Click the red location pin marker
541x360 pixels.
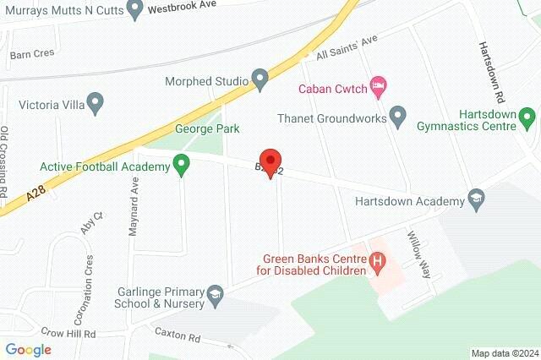[270, 162]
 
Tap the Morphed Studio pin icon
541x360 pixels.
[260, 81]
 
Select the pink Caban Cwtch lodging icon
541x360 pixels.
[379, 85]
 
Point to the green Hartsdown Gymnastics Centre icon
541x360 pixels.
[527, 115]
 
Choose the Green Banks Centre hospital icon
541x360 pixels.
[378, 265]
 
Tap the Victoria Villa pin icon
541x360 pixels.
[95, 106]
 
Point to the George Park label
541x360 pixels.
[207, 129]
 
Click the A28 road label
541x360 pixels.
[35, 195]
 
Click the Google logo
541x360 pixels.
[28, 349]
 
